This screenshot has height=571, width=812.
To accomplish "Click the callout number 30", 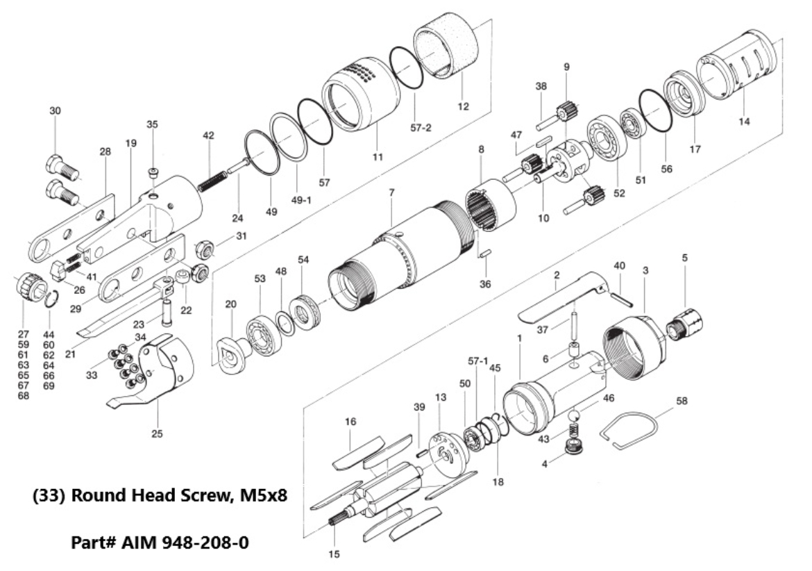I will click(x=55, y=111).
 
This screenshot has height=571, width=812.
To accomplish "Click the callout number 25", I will click(x=158, y=434).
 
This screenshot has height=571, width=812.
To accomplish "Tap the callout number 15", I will click(x=334, y=554).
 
